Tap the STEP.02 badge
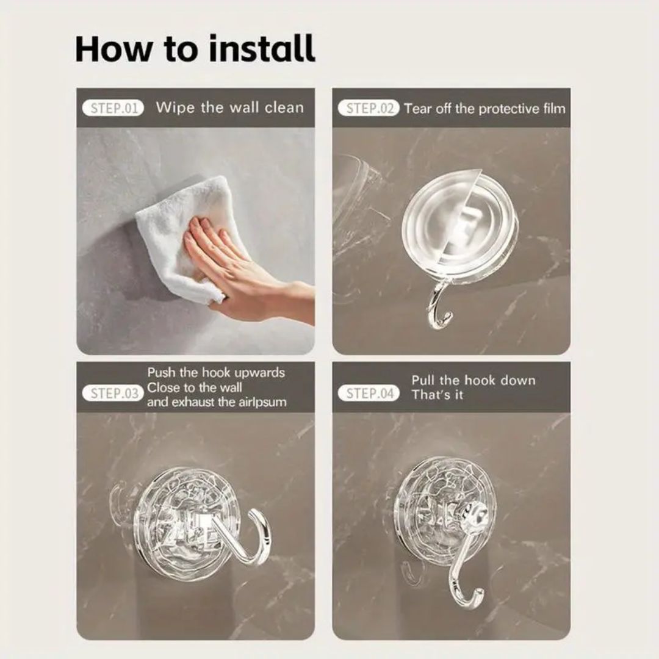(x=369, y=109)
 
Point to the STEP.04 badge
(x=369, y=394)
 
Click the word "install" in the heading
(x=261, y=48)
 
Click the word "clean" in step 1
(x=284, y=108)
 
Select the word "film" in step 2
(x=554, y=109)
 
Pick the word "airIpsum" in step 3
(x=262, y=402)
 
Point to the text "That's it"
(x=437, y=395)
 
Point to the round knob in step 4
(x=475, y=515)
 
